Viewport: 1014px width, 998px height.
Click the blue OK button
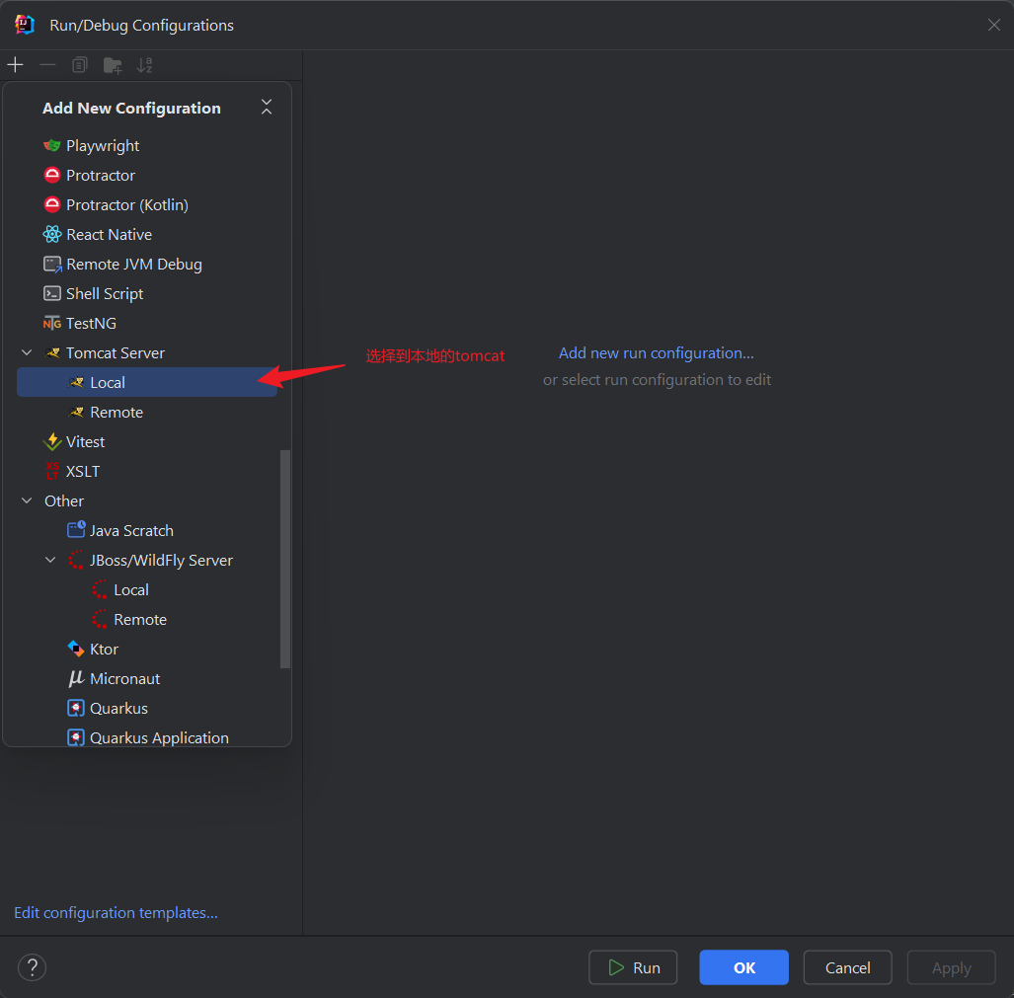743,967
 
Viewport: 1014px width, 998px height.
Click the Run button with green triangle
633,967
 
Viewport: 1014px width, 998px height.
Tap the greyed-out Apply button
951,967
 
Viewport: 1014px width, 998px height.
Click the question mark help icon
32,967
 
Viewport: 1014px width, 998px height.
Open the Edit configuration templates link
116,913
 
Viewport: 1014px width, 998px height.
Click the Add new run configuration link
657,353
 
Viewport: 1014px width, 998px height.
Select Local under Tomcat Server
108,383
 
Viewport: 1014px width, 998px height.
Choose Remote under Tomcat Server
117,413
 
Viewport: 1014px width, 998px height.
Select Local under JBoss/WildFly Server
131,590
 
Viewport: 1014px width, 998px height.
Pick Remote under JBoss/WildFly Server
140,620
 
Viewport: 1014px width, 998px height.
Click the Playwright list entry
102,146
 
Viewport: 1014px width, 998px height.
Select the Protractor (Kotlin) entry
126,205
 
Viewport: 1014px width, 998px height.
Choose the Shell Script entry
104,294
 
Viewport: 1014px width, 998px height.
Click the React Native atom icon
52,234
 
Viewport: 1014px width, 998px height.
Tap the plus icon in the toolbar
15,64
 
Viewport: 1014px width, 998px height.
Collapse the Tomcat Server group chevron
28,352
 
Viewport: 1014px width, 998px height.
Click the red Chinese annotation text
435,356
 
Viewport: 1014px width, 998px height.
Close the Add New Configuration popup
267,108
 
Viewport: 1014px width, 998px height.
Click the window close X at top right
994,25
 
